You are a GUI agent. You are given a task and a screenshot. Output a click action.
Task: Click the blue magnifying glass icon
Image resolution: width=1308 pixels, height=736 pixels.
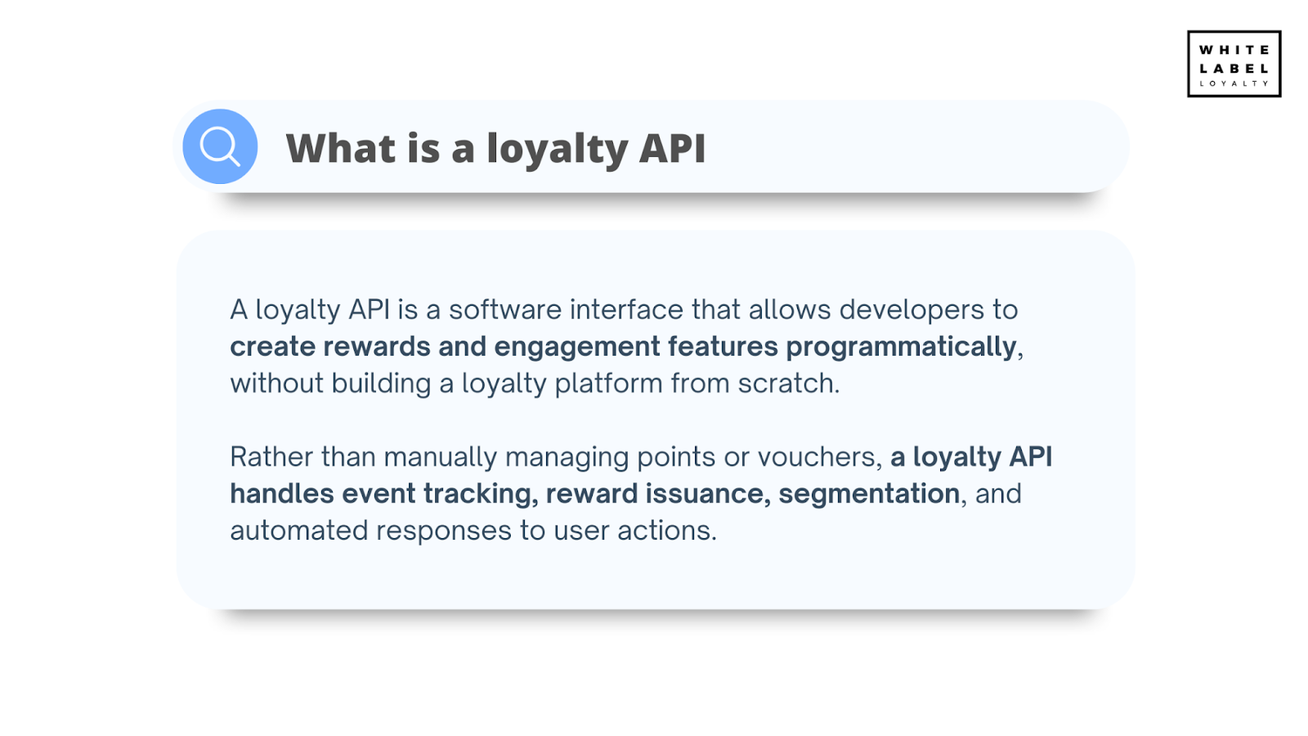click(220, 146)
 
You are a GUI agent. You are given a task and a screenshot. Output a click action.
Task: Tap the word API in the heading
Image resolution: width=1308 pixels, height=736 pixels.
click(672, 149)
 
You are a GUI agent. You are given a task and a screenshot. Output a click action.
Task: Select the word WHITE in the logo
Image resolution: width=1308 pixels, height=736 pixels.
click(1234, 50)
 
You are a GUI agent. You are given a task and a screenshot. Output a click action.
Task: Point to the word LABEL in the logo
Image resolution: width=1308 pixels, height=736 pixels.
click(1234, 69)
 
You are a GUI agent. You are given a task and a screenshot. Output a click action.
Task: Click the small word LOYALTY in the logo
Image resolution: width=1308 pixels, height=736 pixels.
click(1234, 83)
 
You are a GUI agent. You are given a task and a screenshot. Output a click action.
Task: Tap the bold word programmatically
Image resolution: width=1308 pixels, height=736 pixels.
click(901, 347)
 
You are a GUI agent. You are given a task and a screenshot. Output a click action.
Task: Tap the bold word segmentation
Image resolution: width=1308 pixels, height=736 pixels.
click(868, 494)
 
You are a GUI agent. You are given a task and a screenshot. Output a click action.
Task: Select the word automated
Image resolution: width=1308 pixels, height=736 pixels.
click(298, 531)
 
